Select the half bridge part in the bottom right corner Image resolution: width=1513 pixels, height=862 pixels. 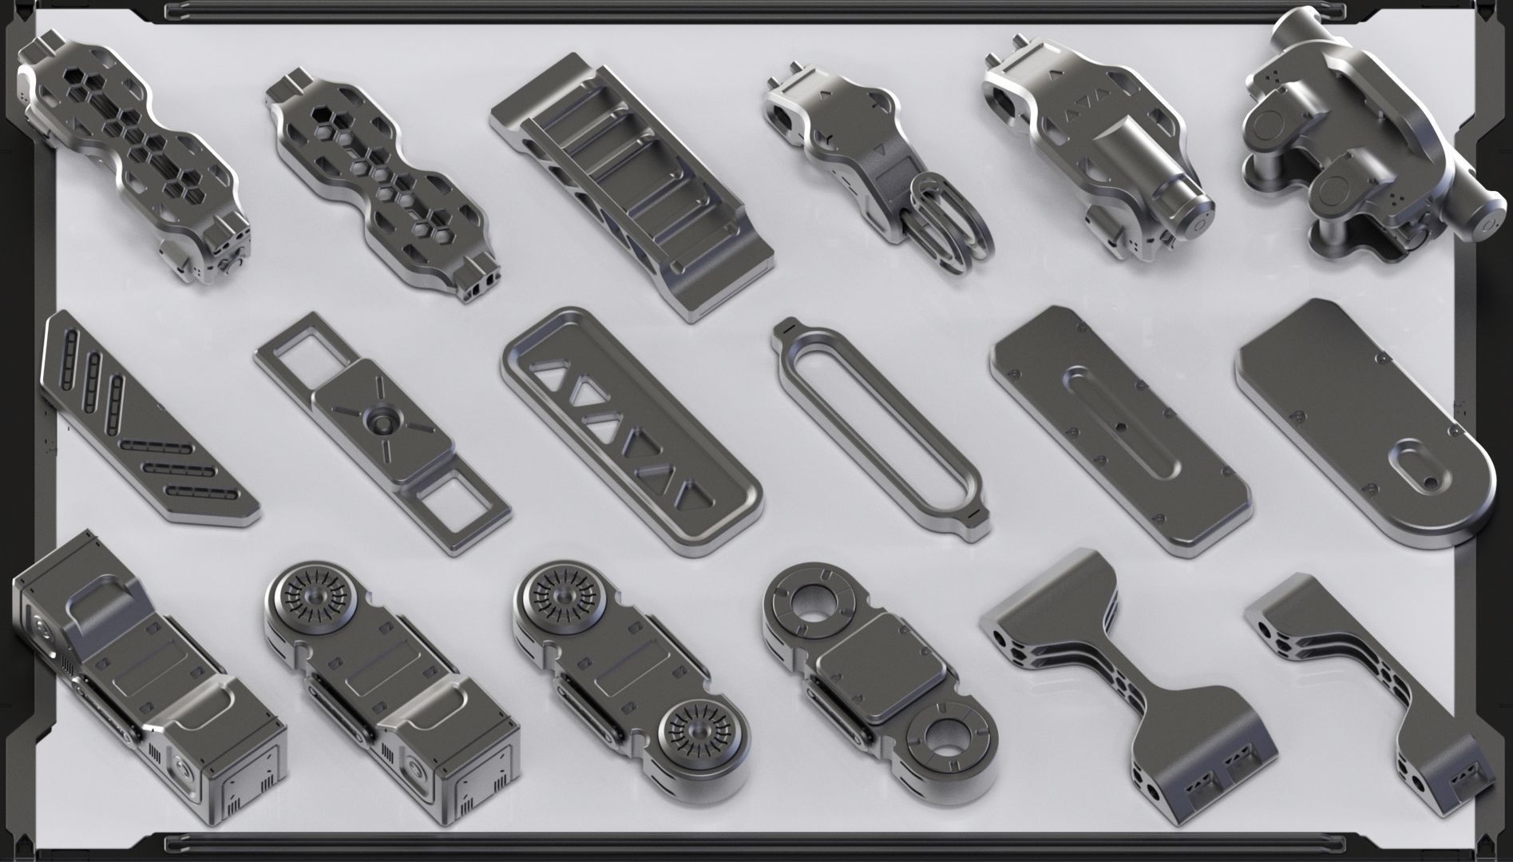click(x=1373, y=687)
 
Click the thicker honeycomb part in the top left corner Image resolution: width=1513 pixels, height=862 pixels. click(x=132, y=152)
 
